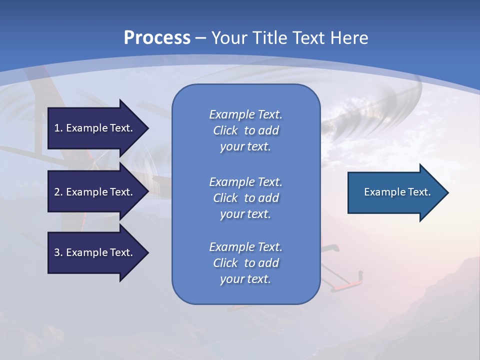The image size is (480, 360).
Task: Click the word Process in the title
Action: tap(157, 38)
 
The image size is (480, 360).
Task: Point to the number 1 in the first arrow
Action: tap(57, 128)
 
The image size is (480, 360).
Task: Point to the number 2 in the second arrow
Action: tap(57, 192)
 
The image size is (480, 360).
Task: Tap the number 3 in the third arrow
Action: tap(57, 252)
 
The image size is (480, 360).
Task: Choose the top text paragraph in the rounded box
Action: tap(245, 130)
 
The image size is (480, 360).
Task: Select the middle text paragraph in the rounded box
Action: tap(245, 198)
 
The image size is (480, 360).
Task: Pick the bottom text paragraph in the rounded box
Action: tap(245, 263)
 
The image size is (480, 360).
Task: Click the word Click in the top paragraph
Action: tap(225, 130)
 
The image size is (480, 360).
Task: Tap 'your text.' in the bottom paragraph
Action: tap(245, 279)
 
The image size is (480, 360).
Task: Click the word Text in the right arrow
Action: tap(418, 192)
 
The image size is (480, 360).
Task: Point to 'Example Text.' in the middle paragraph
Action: tap(245, 182)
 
